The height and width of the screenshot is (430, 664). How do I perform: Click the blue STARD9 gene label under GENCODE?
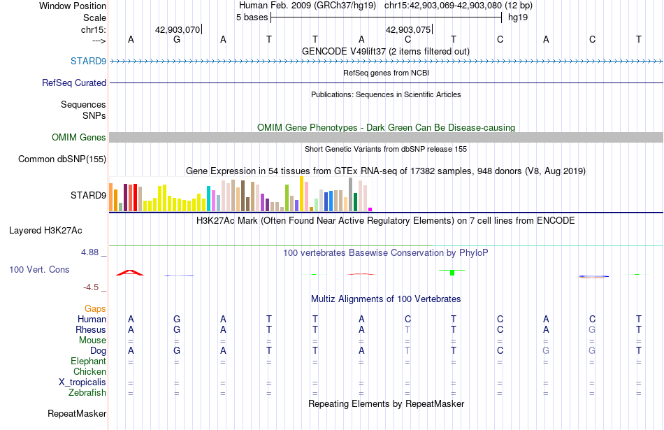tap(88, 61)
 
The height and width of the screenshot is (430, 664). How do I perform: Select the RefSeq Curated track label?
tap(73, 83)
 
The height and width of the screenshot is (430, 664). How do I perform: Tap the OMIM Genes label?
tap(78, 137)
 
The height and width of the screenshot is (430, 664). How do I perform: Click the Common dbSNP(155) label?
tap(62, 159)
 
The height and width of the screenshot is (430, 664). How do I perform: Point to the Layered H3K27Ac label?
tap(45, 231)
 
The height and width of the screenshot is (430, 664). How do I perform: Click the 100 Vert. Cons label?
tap(39, 269)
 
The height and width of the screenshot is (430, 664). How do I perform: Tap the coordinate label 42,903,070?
tap(178, 29)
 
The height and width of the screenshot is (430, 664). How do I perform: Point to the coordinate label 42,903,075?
tap(407, 29)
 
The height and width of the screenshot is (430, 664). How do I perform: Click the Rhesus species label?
tap(91, 329)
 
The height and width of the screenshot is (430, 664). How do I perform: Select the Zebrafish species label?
tap(87, 393)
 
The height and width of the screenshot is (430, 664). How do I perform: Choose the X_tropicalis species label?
tap(82, 382)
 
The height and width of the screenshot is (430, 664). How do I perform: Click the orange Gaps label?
tap(95, 308)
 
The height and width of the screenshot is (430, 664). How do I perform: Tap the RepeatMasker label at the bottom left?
tap(77, 413)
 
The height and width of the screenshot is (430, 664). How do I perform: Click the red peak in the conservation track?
tap(130, 273)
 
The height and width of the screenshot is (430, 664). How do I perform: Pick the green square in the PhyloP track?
tap(452, 273)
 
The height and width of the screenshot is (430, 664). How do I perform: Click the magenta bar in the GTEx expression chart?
tap(370, 209)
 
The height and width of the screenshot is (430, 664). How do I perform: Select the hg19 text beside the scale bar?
tap(518, 17)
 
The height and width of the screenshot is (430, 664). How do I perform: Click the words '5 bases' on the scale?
tap(252, 17)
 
